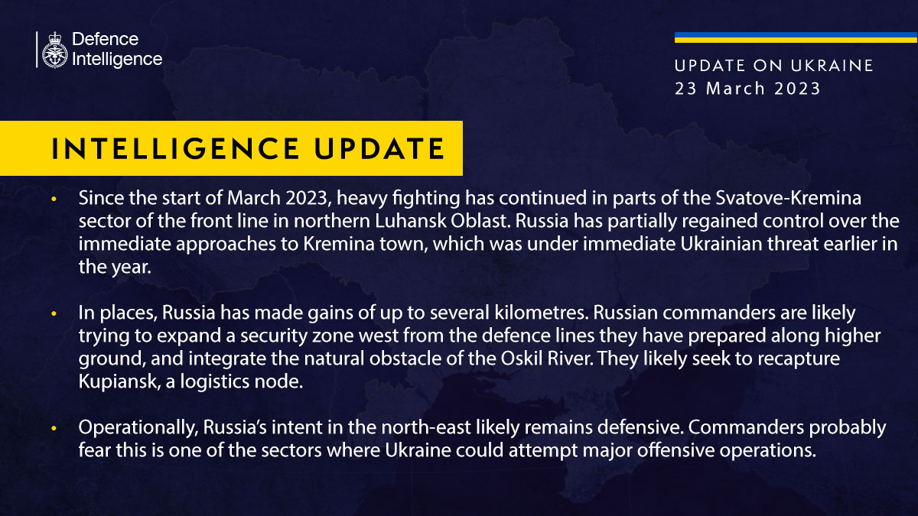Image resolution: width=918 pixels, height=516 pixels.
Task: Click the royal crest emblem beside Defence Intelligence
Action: tap(54, 50)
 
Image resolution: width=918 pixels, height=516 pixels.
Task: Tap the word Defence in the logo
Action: tap(106, 39)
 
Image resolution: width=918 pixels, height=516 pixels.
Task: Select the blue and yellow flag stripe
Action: tap(796, 37)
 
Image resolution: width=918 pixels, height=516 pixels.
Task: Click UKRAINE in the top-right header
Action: tap(832, 66)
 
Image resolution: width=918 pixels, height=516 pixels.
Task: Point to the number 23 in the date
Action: tap(685, 89)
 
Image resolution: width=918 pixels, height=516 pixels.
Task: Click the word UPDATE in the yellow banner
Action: tap(379, 148)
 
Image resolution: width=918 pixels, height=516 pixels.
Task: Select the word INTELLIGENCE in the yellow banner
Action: tap(175, 148)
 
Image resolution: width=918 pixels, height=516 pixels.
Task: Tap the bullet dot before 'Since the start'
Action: tap(54, 199)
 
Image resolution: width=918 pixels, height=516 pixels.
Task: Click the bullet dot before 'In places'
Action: tap(54, 313)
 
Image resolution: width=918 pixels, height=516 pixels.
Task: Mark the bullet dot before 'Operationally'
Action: tap(54, 428)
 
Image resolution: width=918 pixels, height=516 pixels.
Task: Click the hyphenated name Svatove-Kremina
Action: tap(789, 198)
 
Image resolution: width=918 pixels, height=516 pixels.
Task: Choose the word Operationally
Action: tap(138, 428)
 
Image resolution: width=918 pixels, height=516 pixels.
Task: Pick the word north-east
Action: tap(426, 428)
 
